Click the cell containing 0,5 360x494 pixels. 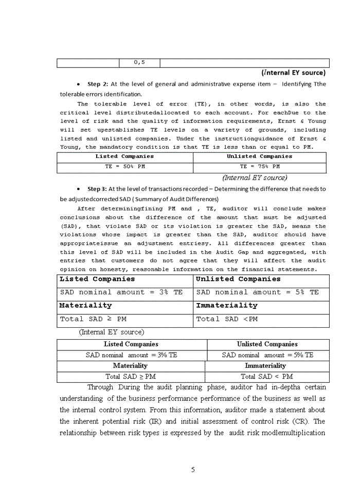click(139, 62)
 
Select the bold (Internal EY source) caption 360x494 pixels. click(293, 73)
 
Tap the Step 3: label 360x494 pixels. click(98, 189)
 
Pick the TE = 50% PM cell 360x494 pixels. click(124, 167)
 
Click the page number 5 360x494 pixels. click(193, 469)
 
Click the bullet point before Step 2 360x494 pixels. click(77, 84)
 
